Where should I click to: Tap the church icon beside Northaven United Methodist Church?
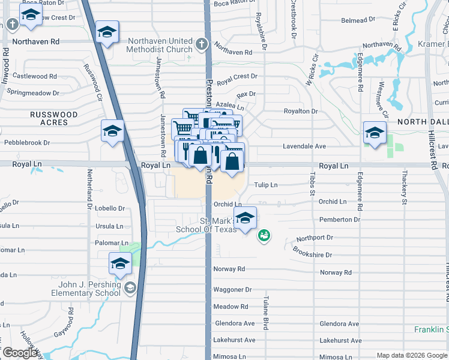tap(202, 44)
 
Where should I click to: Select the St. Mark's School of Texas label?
tap(206, 225)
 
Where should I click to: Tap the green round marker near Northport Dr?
tap(264, 236)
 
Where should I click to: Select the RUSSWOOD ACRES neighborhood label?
tap(55, 118)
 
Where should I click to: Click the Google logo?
tap(20, 353)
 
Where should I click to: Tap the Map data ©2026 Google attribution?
tap(412, 355)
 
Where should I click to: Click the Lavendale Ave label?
tap(304, 146)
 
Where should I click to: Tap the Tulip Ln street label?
tap(266, 185)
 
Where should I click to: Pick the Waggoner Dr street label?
tap(232, 289)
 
